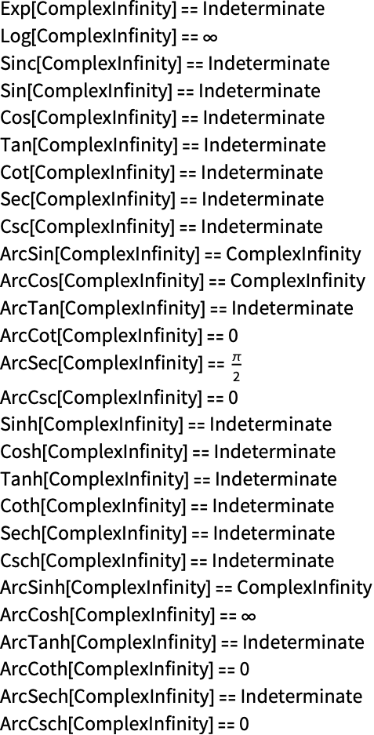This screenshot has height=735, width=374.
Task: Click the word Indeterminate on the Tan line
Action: click(x=264, y=145)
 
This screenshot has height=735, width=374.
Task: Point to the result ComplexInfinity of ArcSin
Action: click(x=293, y=254)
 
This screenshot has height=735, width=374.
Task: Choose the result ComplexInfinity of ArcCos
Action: click(x=298, y=281)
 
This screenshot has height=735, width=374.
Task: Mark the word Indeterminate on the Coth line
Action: click(x=273, y=506)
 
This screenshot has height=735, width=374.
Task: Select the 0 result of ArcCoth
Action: click(x=243, y=669)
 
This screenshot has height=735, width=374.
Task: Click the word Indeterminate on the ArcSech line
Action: click(x=301, y=696)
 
